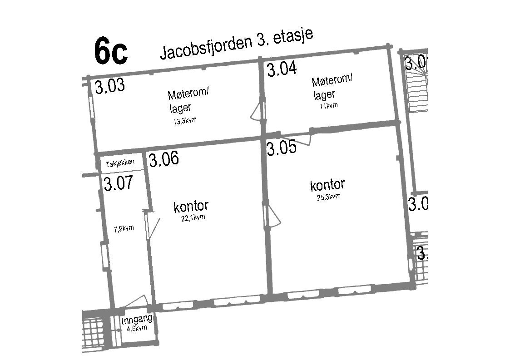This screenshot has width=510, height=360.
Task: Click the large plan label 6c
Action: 111,51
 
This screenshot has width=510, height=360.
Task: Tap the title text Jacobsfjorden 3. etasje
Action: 237,46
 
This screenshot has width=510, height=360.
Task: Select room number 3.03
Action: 110,86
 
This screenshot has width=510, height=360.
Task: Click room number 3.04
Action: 282,69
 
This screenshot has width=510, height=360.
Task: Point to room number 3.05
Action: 282,148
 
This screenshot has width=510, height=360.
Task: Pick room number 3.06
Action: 164,159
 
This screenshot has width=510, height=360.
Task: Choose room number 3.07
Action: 118,184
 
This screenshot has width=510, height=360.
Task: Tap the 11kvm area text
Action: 328,106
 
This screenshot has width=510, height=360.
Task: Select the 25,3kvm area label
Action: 329,197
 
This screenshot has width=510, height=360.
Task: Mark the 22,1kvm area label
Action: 193,217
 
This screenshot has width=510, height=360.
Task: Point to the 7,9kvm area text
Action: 124,228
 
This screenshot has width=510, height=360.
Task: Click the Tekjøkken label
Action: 120,163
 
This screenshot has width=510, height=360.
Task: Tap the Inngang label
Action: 136,321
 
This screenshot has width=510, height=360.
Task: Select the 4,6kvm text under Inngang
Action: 137,328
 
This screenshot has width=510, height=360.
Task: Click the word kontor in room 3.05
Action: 327,185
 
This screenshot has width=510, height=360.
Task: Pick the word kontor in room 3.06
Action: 191,207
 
